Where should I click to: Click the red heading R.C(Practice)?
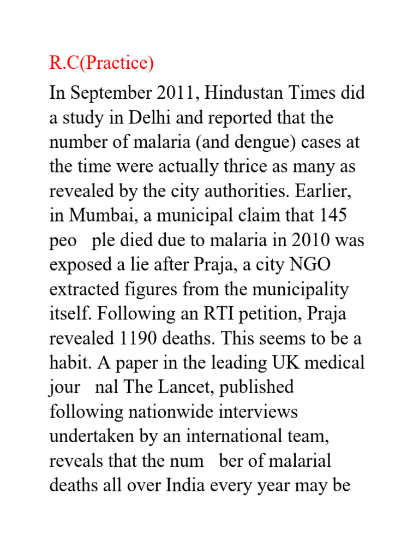click(x=101, y=64)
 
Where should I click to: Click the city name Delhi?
click(x=147, y=118)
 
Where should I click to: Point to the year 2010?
click(x=307, y=240)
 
